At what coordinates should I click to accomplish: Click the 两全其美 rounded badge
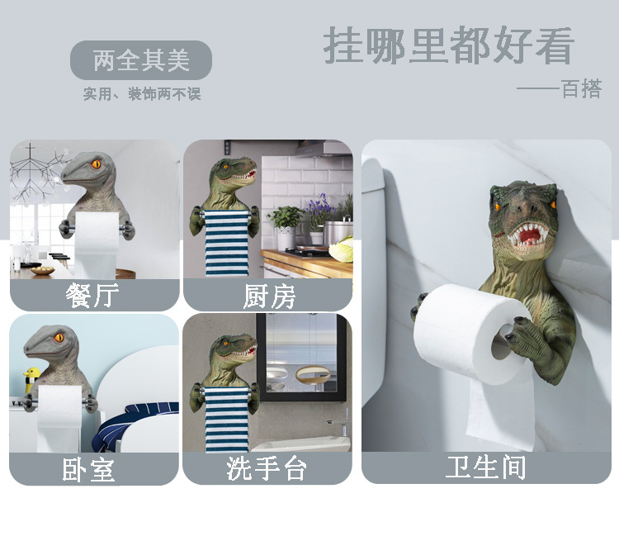point(140,60)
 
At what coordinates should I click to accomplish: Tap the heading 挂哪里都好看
point(448,45)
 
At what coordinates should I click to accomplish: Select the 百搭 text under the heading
point(582,88)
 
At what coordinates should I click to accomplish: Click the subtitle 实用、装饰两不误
point(141,94)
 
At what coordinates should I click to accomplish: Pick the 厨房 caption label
point(268,295)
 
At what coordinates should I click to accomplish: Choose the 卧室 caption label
point(89,469)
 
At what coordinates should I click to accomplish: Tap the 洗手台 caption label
point(267,469)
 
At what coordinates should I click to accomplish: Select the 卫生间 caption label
point(485,467)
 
